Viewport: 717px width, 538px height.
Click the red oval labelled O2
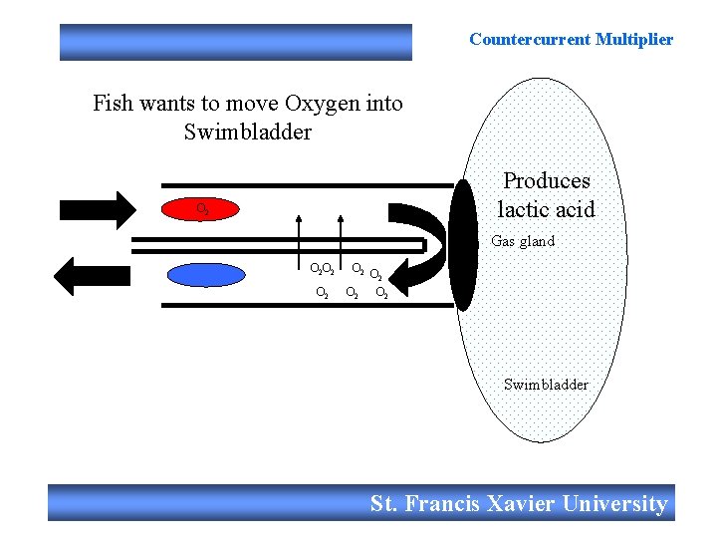pyautogui.click(x=202, y=209)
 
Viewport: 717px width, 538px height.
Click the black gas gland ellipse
pyautogui.click(x=463, y=245)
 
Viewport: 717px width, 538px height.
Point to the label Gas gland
pyautogui.click(x=523, y=241)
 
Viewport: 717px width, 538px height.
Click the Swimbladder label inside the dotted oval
pyautogui.click(x=546, y=385)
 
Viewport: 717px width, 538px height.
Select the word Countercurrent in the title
pyautogui.click(x=529, y=40)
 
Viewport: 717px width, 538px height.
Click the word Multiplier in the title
pyautogui.click(x=633, y=40)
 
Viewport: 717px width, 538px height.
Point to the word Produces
pyautogui.click(x=546, y=180)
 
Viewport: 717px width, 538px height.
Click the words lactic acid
pyautogui.click(x=546, y=209)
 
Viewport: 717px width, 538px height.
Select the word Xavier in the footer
pyautogui.click(x=521, y=503)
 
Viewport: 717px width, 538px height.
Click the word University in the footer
pyautogui.click(x=614, y=503)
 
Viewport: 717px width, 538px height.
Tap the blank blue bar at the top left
pyautogui.click(x=235, y=42)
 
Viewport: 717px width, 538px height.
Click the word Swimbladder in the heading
pyautogui.click(x=248, y=132)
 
